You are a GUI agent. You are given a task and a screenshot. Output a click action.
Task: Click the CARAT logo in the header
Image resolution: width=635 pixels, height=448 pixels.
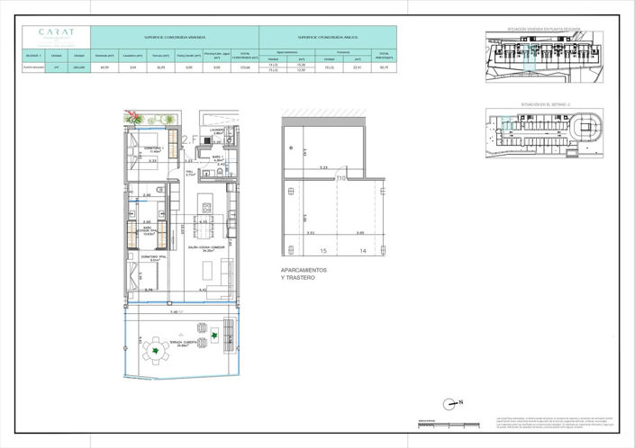[57, 33]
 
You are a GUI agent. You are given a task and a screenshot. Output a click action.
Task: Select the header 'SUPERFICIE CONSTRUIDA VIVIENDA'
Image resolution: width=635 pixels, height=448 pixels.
[175, 39]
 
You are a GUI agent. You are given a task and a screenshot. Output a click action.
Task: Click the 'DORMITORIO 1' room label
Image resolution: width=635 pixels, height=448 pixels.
[153, 149]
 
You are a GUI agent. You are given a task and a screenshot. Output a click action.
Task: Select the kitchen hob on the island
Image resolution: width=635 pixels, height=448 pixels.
[206, 199]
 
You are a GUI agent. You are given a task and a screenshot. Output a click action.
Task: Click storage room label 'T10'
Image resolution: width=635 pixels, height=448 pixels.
[341, 178]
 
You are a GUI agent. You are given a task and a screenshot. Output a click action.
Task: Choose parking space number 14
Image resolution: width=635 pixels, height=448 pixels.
[363, 252]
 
